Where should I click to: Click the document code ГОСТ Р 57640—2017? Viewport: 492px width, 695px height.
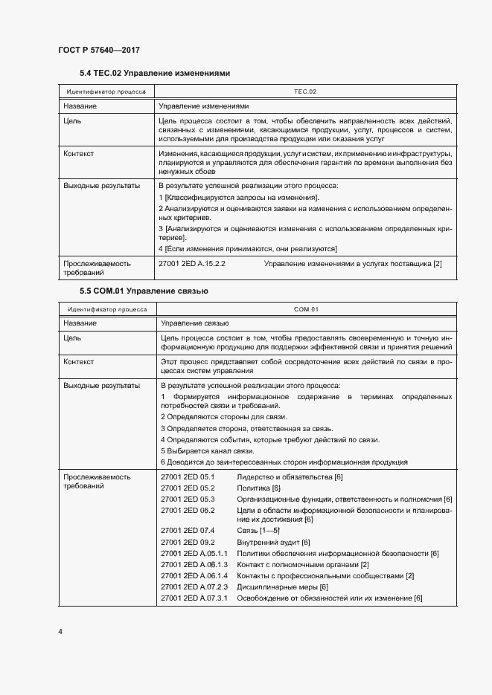click(x=98, y=50)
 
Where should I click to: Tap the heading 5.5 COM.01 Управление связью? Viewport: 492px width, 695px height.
click(x=144, y=291)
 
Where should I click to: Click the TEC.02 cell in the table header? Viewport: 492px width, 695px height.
click(x=305, y=91)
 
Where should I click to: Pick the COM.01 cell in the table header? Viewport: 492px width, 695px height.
click(x=306, y=309)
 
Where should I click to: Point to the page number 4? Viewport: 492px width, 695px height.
click(x=60, y=632)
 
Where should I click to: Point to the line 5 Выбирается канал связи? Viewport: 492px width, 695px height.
click(x=208, y=450)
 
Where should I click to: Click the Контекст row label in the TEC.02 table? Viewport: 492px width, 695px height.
click(x=79, y=154)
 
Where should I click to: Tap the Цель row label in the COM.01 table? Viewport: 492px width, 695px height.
click(x=72, y=337)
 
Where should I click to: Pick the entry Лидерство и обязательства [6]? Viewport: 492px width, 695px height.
click(x=289, y=476)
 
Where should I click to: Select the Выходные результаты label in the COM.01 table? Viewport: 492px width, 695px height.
click(x=101, y=386)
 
